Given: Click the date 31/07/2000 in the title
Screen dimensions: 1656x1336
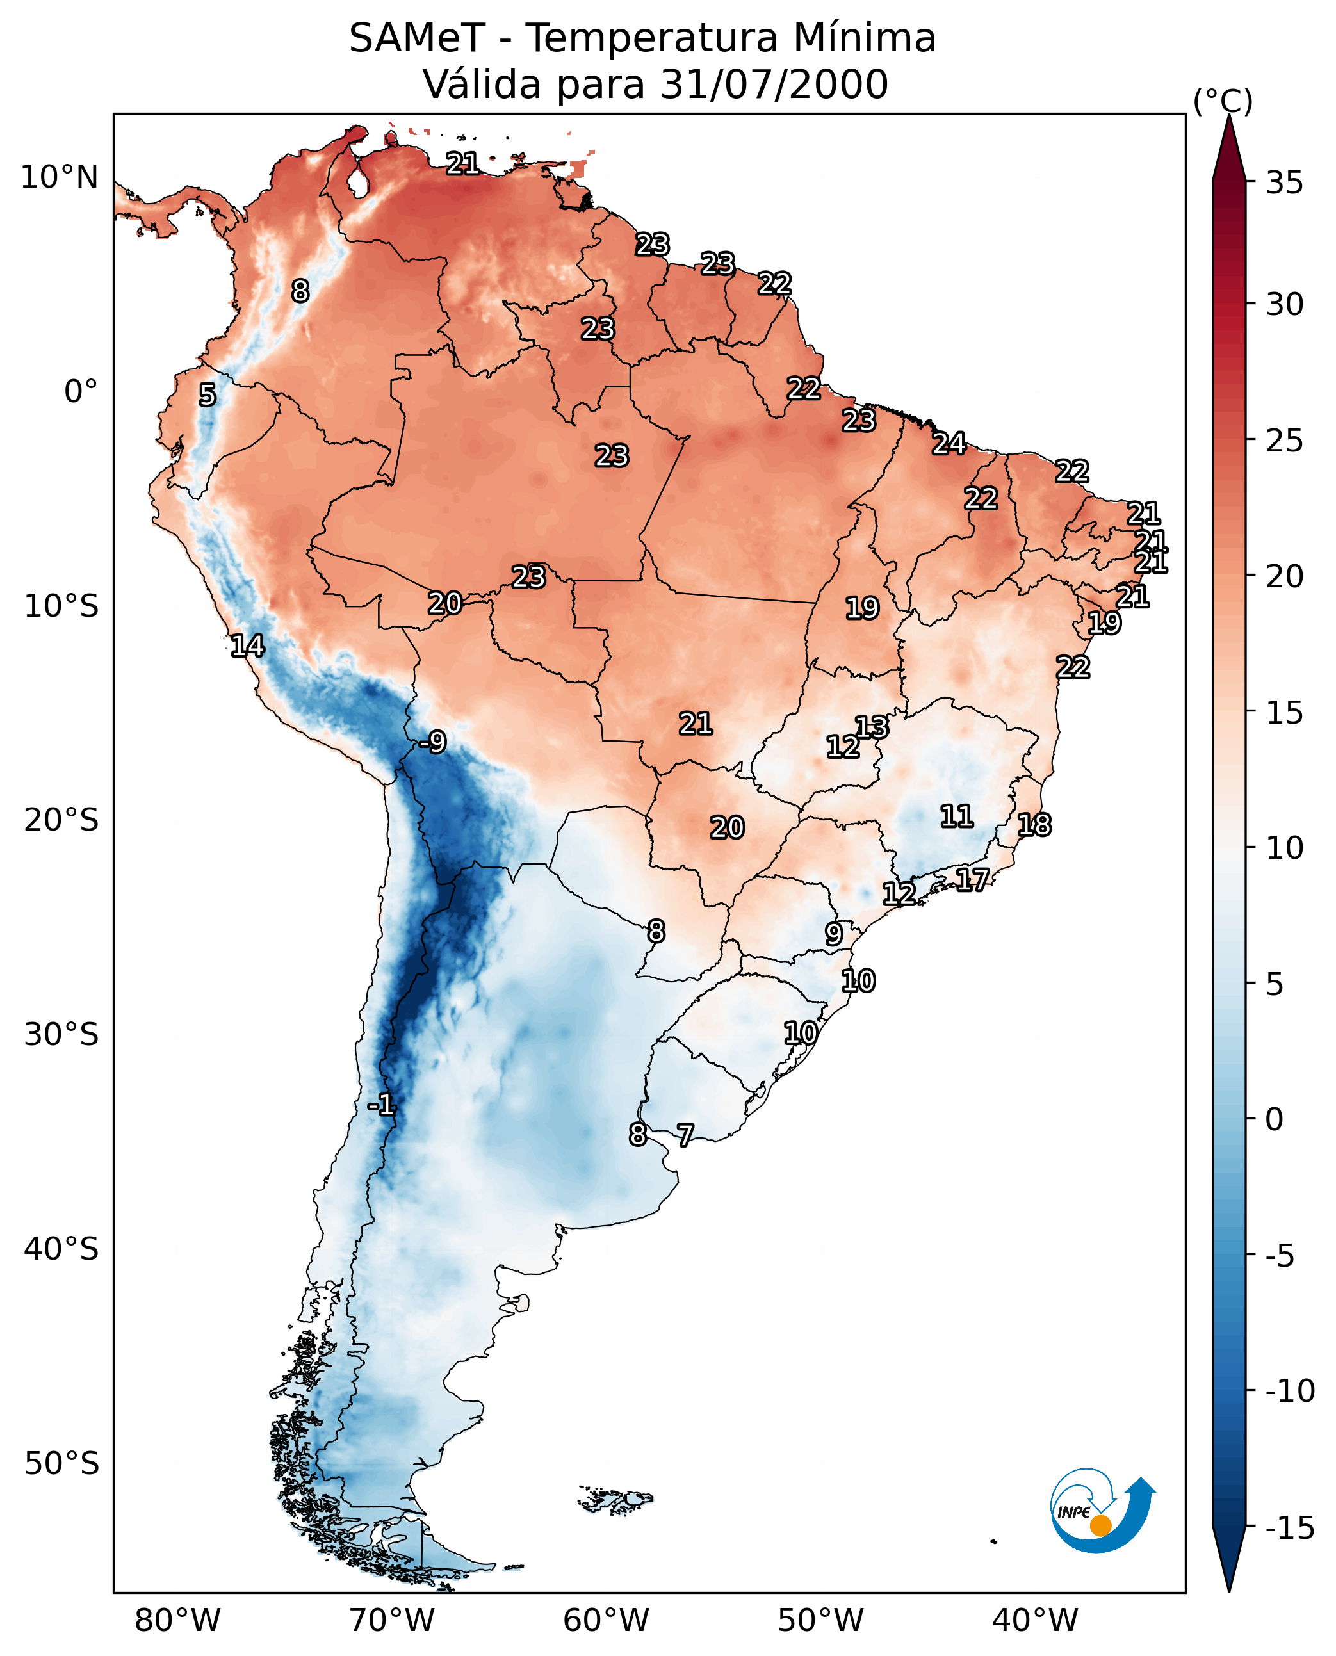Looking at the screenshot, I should (774, 85).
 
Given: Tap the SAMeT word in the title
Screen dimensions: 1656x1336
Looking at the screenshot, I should (417, 38).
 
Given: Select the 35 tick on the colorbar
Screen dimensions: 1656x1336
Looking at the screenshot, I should (1284, 183).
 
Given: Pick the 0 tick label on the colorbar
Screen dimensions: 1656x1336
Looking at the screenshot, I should (1275, 1119).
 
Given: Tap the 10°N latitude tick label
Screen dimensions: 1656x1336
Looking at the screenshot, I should (60, 178).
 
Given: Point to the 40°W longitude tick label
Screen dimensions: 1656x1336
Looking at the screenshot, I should (1034, 1620).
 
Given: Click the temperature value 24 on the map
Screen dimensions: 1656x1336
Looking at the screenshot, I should (949, 443).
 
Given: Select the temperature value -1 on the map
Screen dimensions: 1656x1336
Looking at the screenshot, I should (381, 1106).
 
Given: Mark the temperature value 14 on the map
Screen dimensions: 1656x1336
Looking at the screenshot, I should (247, 645).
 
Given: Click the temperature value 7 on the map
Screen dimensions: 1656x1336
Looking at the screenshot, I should (685, 1134).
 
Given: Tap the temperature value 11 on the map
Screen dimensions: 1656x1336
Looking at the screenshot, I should (957, 816).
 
